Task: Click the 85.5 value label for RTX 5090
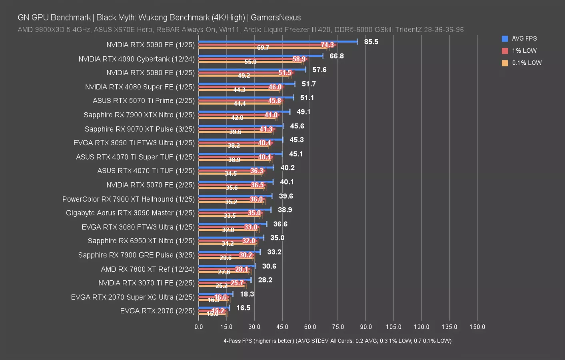(x=371, y=42)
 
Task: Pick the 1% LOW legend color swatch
(x=505, y=51)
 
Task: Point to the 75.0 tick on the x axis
(x=337, y=327)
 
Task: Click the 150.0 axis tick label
(x=477, y=327)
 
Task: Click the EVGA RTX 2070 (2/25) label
(x=157, y=311)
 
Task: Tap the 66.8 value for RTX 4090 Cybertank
(x=336, y=56)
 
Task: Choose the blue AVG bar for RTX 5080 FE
(x=252, y=70)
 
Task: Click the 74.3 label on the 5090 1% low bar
(x=327, y=45)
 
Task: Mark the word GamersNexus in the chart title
(x=276, y=18)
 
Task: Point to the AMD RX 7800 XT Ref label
(x=148, y=269)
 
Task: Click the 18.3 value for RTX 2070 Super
(x=247, y=294)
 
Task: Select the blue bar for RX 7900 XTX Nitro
(x=244, y=112)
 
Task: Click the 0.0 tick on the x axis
(x=199, y=327)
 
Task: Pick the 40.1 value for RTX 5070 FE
(x=286, y=182)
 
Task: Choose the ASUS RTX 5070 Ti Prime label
(x=144, y=101)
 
